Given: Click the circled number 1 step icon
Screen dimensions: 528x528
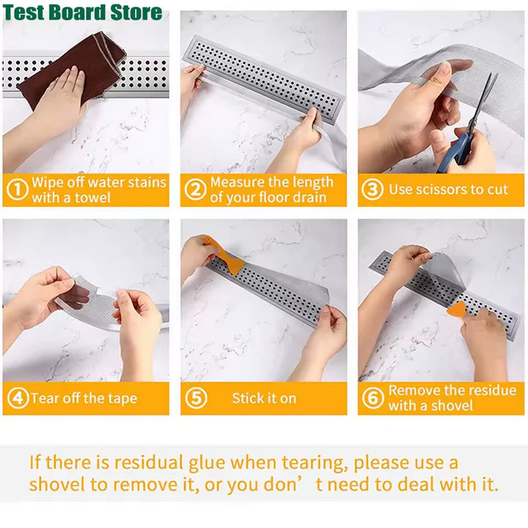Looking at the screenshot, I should [16, 190].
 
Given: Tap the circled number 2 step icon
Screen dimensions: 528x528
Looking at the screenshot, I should [194, 190].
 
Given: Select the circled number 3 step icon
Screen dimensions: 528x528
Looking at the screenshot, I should [373, 190].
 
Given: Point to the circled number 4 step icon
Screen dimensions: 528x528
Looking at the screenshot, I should [16, 399].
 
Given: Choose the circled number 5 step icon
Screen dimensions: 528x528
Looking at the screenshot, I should [194, 399].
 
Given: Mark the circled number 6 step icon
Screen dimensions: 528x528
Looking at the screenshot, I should [373, 399].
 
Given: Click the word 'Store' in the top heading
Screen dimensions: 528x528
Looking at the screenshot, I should [137, 12].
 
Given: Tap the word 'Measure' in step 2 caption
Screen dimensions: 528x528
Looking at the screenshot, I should [236, 182].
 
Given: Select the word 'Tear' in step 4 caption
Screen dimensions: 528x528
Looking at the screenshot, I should [43, 399].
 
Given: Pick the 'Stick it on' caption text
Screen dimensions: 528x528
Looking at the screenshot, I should [264, 399].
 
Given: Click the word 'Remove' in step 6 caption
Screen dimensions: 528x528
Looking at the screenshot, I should [414, 390].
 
